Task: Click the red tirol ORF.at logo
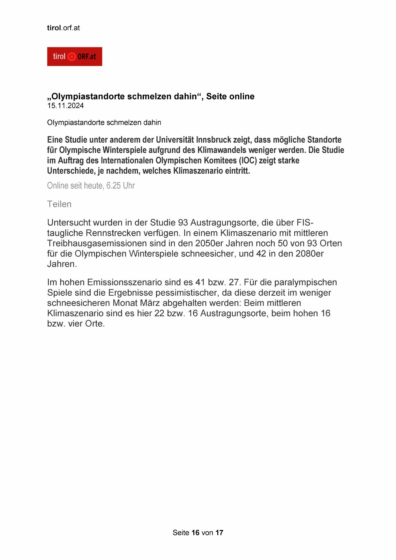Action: (x=74, y=57)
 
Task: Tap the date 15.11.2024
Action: (x=65, y=106)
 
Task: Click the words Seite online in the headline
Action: (x=230, y=96)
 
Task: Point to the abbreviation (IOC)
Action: (x=248, y=160)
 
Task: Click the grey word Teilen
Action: (x=59, y=204)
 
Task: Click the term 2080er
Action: (x=310, y=254)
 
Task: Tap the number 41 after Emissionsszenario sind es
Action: (x=200, y=282)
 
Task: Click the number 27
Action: (x=234, y=282)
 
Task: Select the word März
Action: (x=150, y=303)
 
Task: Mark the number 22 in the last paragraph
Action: (x=159, y=313)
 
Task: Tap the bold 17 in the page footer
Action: (x=219, y=533)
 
